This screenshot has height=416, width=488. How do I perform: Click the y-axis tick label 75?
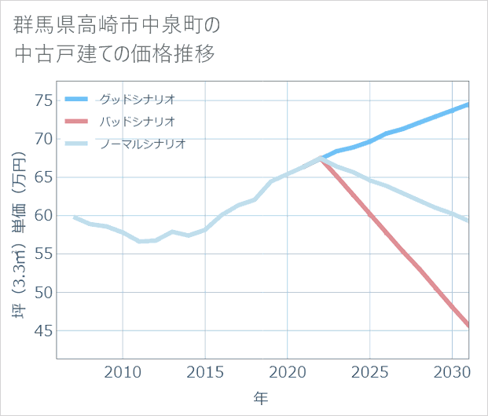pos(43,100)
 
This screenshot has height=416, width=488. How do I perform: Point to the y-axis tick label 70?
pos(43,139)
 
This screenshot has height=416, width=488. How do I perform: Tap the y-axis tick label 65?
pos(43,177)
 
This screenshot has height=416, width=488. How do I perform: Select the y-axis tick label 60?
pos(43,216)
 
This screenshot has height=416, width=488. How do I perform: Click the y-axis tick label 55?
pos(43,254)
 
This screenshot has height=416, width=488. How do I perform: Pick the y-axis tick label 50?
pos(43,293)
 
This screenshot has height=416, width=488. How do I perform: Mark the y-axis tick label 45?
pos(43,331)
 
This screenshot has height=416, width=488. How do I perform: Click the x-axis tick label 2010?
pos(123,371)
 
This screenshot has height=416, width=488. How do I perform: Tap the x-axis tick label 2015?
pos(205,371)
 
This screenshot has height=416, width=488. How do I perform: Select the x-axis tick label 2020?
pos(288,371)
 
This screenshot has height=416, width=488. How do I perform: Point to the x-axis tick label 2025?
pos(369,371)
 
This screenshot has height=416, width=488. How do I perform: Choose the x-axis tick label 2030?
pos(452,371)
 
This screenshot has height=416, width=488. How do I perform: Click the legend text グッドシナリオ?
pos(137,99)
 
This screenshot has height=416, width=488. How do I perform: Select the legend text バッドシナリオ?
pos(137,122)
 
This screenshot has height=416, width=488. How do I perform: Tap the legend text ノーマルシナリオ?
pos(142,144)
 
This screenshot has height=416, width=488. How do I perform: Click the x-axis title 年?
pos(261,398)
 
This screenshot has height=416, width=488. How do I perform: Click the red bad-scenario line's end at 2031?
pos(468,325)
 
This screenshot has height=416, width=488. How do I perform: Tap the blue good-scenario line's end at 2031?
pos(468,104)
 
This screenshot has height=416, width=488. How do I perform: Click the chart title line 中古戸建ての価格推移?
pos(115,56)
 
